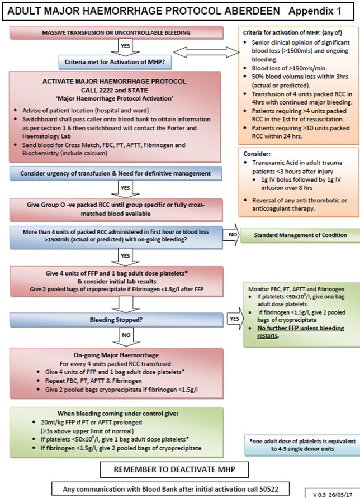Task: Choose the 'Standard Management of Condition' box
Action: (299, 234)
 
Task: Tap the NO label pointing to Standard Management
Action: (231, 235)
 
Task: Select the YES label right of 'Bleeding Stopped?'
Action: (233, 319)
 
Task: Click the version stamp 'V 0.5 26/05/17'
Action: (334, 493)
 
